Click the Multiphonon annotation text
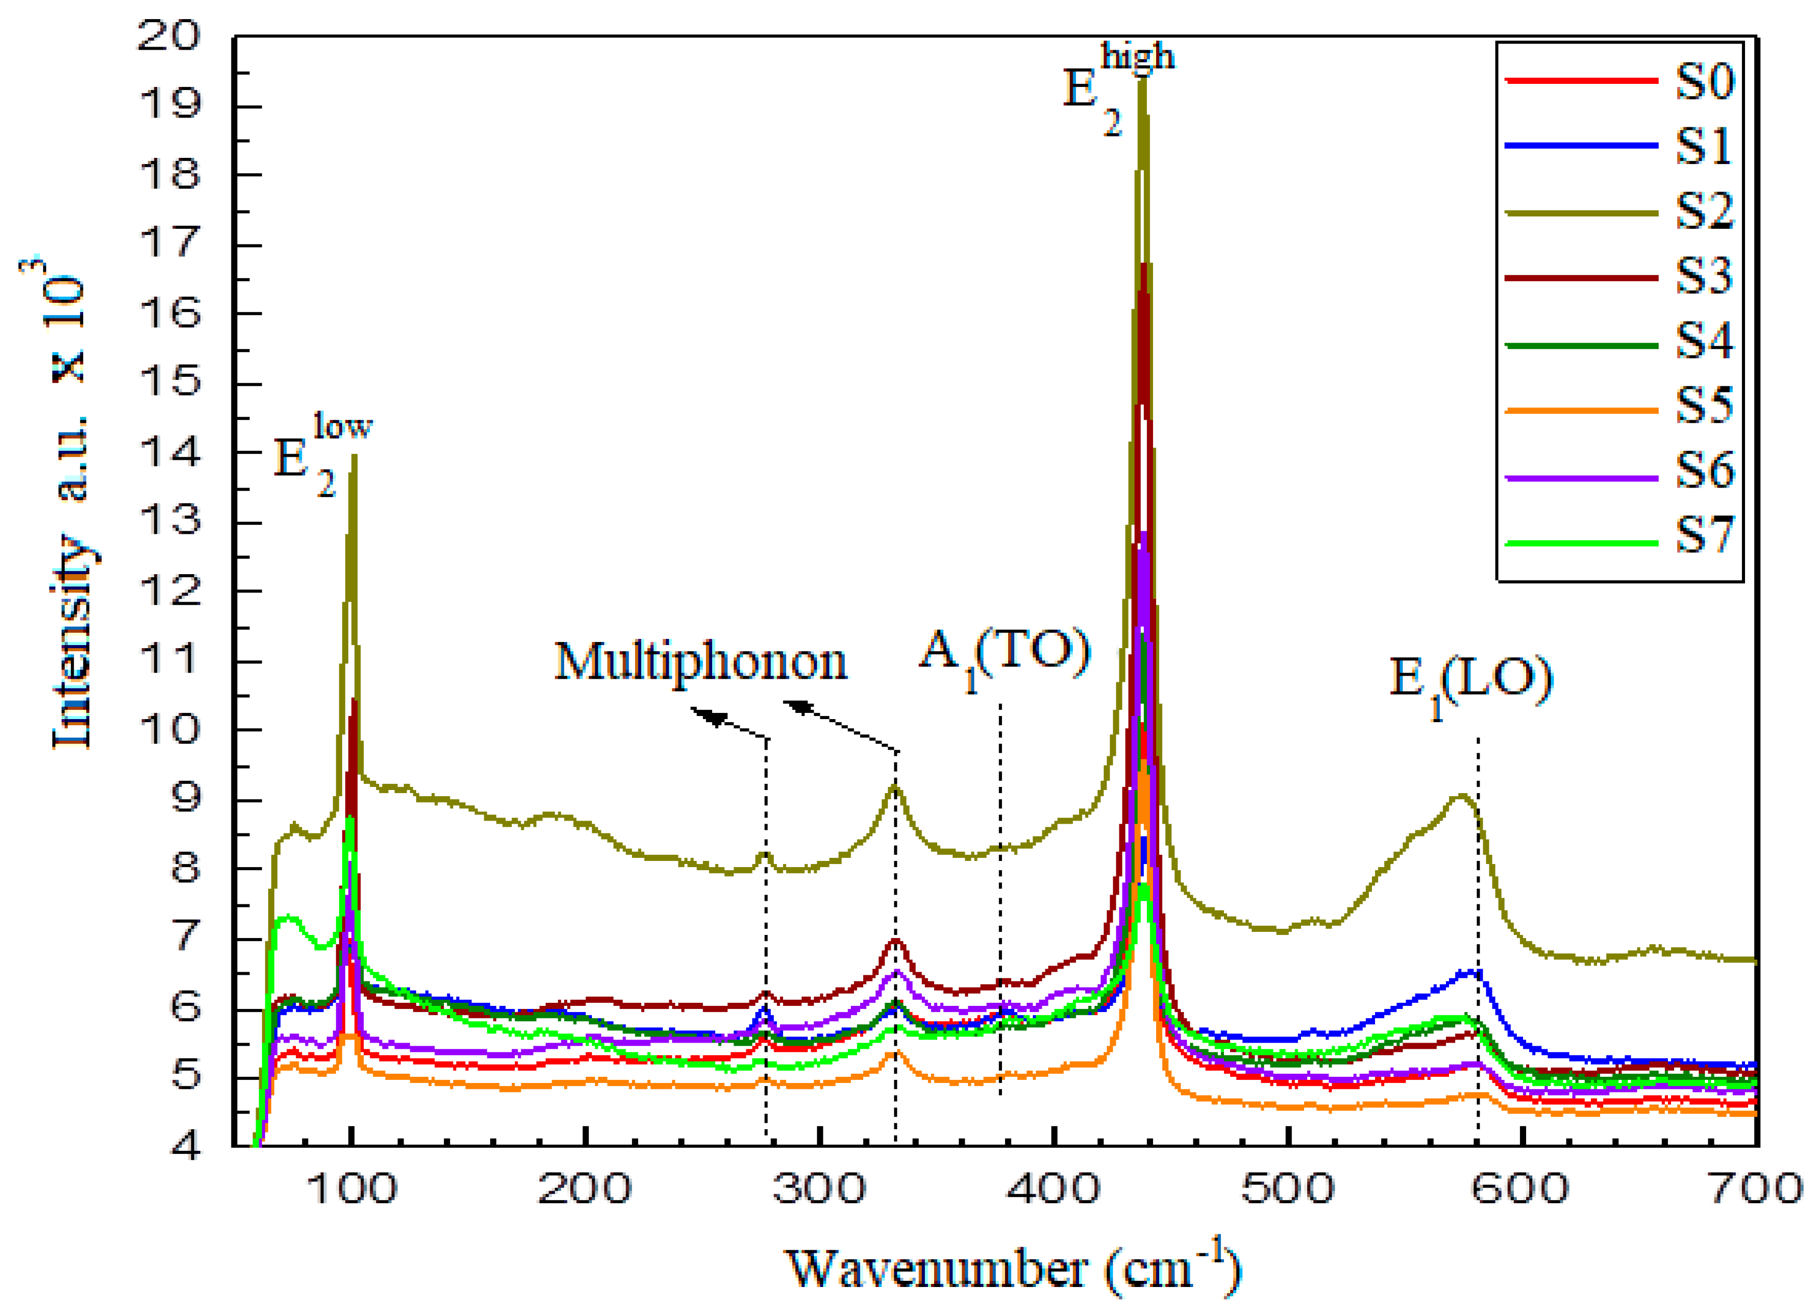pyautogui.click(x=700, y=663)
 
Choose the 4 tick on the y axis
pyautogui.click(x=186, y=1147)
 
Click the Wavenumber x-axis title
pyautogui.click(x=1014, y=1268)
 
